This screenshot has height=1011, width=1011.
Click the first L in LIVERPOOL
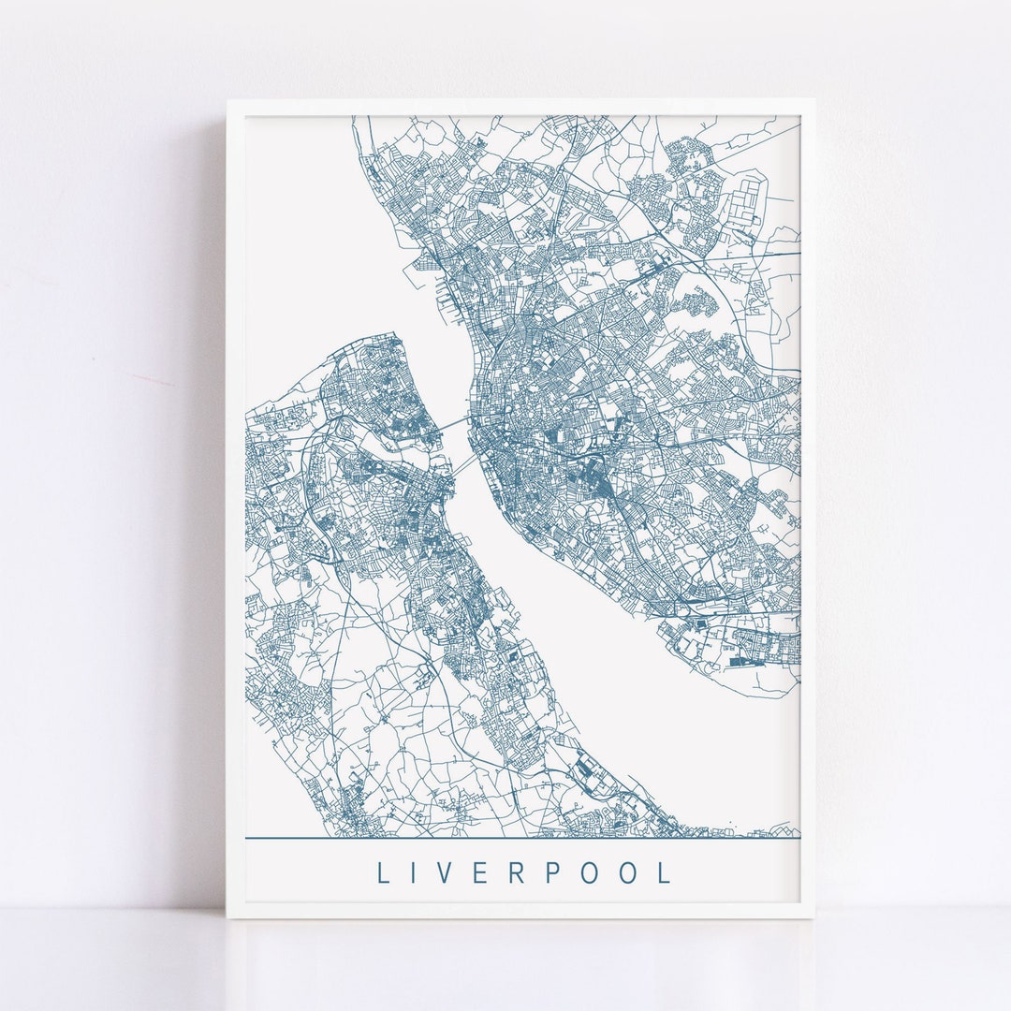click(x=383, y=872)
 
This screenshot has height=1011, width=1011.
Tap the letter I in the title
click(x=419, y=872)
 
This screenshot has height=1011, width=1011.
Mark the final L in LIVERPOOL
click(x=666, y=872)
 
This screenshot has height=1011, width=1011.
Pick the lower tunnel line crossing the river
click(x=462, y=466)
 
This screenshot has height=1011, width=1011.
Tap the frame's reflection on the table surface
click(x=520, y=955)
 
